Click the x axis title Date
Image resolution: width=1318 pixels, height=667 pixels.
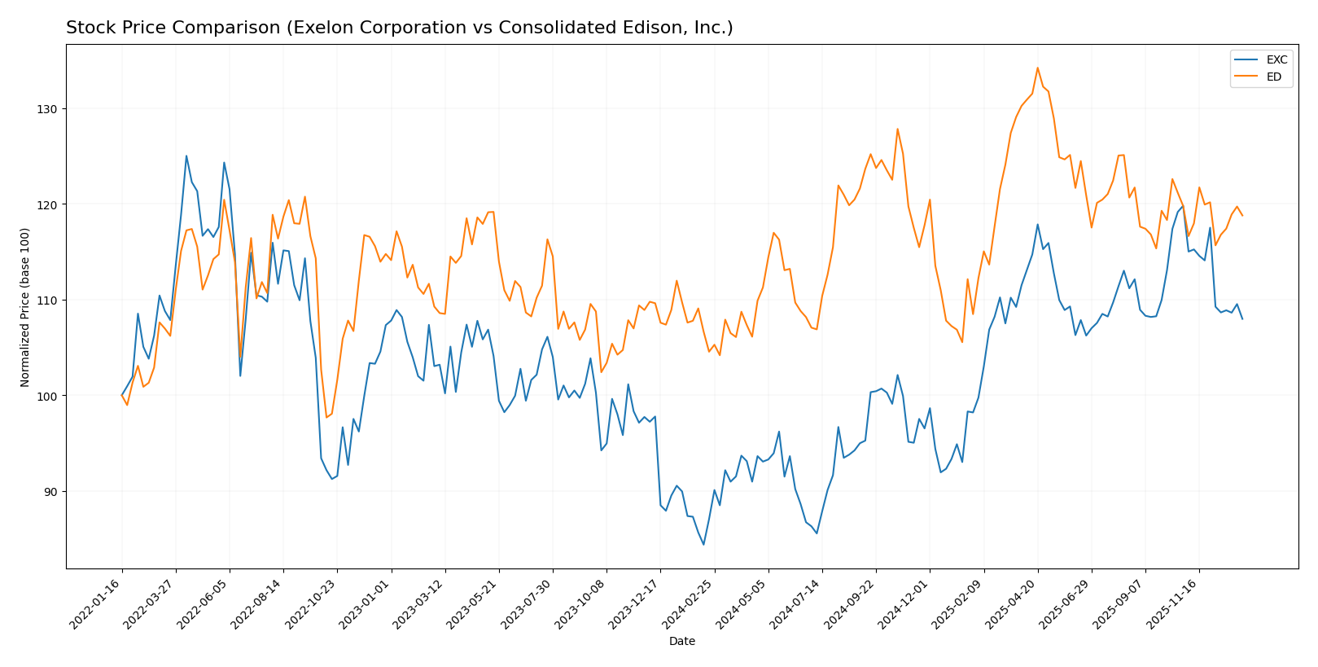point(681,642)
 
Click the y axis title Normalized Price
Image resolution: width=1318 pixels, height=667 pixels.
point(25,307)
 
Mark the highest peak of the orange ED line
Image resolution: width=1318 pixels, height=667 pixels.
point(1037,68)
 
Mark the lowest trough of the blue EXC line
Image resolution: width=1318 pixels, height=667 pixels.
point(703,544)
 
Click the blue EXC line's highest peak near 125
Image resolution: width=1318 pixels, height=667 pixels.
point(186,156)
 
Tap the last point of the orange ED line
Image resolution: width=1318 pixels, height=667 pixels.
point(1242,216)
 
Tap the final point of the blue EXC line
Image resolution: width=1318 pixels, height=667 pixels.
point(1242,319)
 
